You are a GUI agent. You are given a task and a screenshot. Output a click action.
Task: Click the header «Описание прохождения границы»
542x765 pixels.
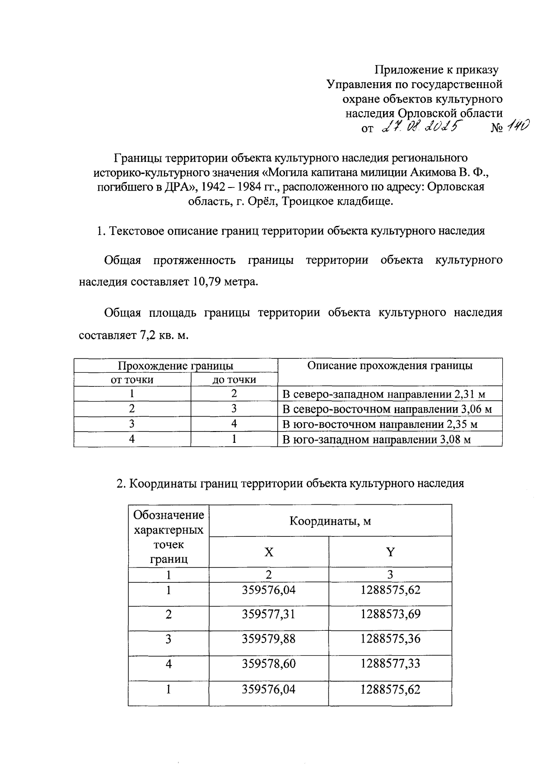coord(390,366)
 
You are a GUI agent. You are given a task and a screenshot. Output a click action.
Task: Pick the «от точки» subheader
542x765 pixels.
coord(132,380)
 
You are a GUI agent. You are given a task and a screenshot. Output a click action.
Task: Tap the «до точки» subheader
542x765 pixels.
coord(234,380)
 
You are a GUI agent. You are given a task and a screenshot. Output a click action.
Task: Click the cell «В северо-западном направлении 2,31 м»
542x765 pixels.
coord(383,394)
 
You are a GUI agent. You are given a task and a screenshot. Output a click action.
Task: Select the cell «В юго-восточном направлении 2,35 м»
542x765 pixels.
coord(379,424)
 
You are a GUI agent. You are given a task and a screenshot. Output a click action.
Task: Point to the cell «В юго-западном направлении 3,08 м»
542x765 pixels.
coord(376,439)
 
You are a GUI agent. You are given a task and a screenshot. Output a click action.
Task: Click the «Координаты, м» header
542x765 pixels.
coord(330,521)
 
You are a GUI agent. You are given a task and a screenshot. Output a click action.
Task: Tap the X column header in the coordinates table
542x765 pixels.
coord(269,552)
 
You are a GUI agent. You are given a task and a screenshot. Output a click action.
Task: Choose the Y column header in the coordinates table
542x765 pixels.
coord(390,552)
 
